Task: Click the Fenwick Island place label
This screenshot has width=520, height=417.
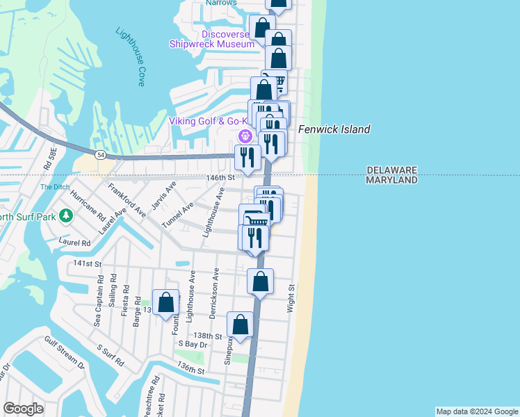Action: pos(334,129)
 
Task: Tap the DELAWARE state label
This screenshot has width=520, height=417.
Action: pos(391,170)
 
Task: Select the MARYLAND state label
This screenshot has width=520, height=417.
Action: pos(391,180)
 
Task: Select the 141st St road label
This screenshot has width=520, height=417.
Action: pos(88,264)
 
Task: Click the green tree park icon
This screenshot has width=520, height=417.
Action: pos(67,215)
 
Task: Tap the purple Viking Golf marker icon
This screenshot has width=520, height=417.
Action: pos(244,136)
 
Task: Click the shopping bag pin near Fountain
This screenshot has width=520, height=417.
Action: pos(165,302)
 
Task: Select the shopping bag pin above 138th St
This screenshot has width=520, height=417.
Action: pos(240,325)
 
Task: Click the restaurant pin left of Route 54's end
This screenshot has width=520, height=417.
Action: pos(245,157)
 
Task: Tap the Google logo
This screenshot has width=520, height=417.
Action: pos(23,409)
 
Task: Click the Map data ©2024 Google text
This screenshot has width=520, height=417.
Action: pos(477,411)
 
